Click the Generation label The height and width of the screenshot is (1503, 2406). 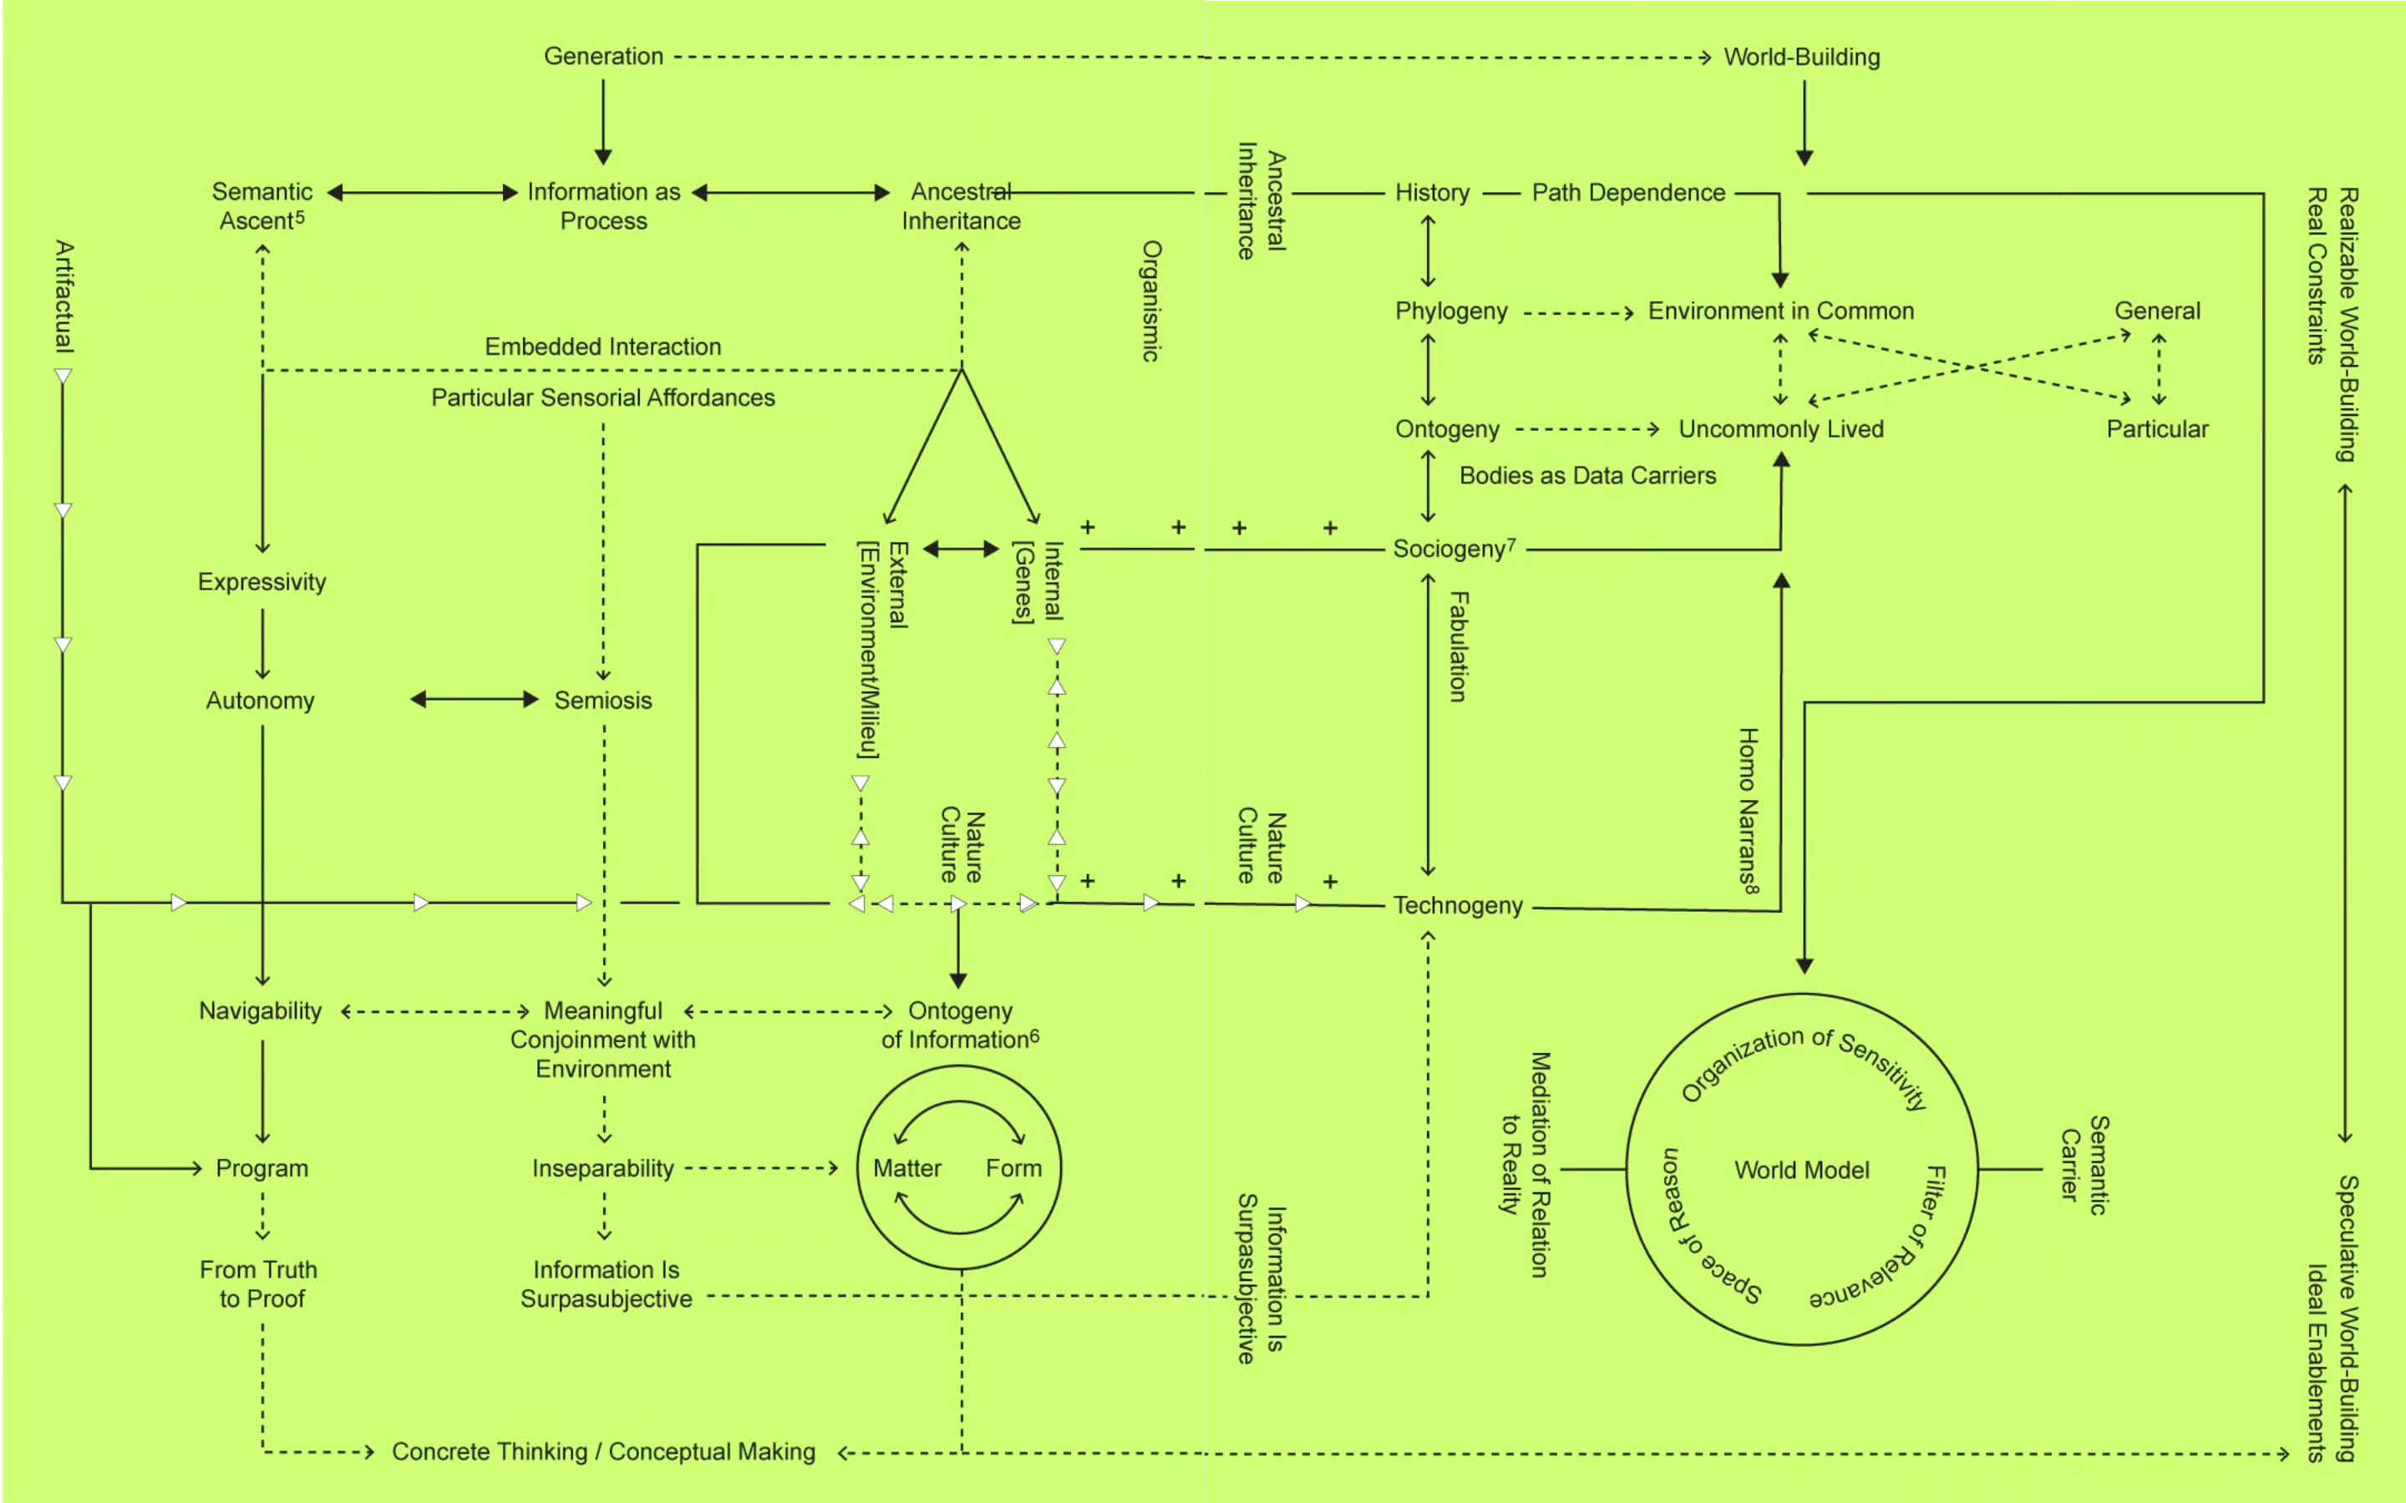(602, 57)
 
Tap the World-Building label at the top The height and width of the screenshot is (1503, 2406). (1800, 58)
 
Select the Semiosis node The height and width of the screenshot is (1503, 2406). (602, 701)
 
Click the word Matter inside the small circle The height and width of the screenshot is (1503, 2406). (906, 1168)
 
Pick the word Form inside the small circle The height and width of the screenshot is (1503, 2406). (1013, 1168)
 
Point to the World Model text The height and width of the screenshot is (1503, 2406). (1800, 1170)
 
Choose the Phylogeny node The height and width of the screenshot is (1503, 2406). (1450, 311)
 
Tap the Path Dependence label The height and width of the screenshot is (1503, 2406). (1627, 193)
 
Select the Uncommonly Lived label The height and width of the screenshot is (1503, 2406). (1779, 429)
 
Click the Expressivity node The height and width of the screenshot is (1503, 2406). (261, 583)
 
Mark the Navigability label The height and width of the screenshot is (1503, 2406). (260, 1011)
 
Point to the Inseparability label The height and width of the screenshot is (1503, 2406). (602, 1168)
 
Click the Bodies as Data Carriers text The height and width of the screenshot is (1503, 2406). (1586, 476)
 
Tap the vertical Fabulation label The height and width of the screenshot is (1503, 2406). (1458, 646)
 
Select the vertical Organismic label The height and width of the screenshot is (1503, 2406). (1150, 301)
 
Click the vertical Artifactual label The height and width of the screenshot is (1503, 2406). (63, 296)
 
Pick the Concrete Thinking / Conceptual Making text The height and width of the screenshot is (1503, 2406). (602, 1452)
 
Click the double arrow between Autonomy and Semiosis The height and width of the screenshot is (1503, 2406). (475, 700)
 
